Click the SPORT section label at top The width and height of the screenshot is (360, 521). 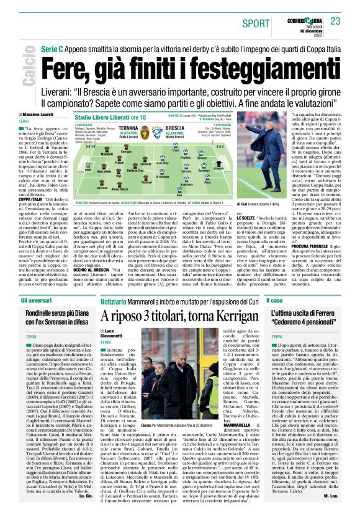[256, 23]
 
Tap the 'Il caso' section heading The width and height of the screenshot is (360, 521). [274, 300]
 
